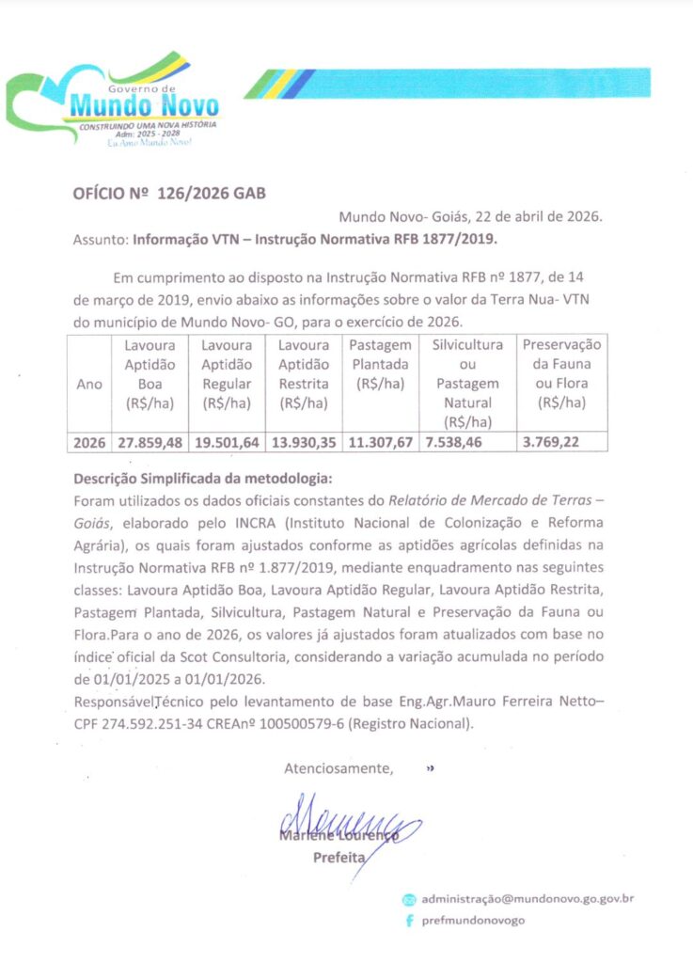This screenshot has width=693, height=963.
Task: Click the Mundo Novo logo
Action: [113, 102]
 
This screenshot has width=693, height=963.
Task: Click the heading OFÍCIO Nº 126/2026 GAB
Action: [169, 194]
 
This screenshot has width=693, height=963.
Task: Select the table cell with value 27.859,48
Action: [150, 442]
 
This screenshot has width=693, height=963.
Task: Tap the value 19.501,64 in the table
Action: [227, 442]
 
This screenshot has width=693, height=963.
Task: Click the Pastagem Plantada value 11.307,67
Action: [379, 442]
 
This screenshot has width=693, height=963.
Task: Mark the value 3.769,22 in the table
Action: [553, 442]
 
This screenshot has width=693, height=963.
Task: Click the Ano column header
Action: [89, 384]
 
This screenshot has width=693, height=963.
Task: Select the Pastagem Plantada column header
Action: [379, 364]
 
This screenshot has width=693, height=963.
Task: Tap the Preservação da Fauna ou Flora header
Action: [561, 373]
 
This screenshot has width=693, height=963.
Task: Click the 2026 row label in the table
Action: [89, 442]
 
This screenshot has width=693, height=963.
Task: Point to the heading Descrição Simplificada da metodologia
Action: [202, 477]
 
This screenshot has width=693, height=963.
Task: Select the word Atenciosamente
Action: [339, 768]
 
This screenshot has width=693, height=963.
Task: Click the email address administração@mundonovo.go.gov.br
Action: [528, 898]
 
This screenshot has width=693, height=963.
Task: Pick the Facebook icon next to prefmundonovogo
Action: [409, 921]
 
